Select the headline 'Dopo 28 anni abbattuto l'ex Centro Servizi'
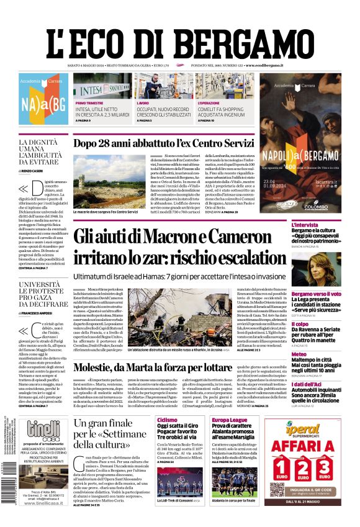click(164, 143)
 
